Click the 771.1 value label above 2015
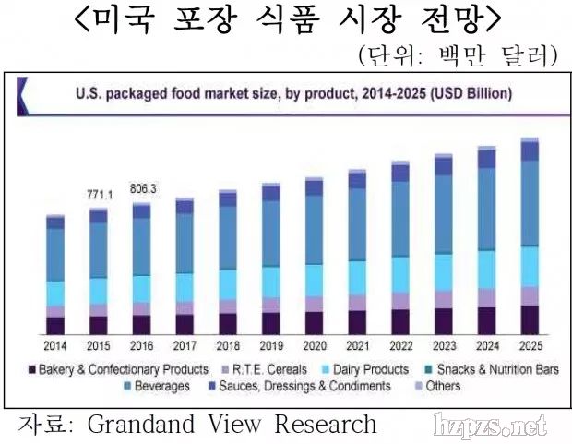[x=99, y=196]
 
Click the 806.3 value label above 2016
[x=142, y=188]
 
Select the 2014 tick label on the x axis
[x=55, y=345]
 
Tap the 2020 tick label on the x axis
[x=315, y=345]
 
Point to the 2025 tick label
[x=530, y=345]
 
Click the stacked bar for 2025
[x=530, y=235]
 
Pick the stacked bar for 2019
[x=271, y=258]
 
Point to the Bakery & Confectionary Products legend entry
[x=118, y=369]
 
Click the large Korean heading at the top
[x=286, y=20]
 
